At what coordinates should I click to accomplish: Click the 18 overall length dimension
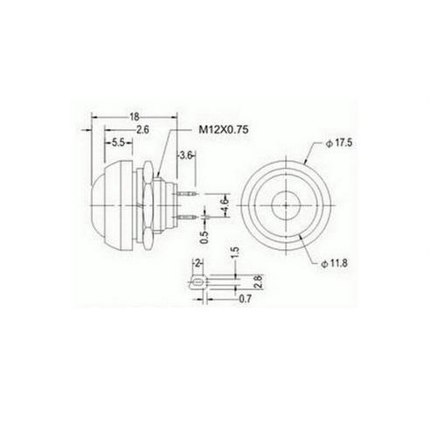[x=135, y=117]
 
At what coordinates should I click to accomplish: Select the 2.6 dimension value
[x=142, y=129]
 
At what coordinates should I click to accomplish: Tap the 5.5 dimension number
[x=118, y=142]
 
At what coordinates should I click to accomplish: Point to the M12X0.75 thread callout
[x=224, y=129]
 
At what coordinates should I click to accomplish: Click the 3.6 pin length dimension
[x=185, y=156]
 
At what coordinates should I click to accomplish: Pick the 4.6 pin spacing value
[x=226, y=205]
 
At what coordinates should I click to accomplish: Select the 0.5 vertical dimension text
[x=205, y=237]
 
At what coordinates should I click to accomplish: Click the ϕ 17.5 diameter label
[x=339, y=143]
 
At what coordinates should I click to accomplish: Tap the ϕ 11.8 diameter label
[x=335, y=264]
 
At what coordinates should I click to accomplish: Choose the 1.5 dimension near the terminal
[x=235, y=253]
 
